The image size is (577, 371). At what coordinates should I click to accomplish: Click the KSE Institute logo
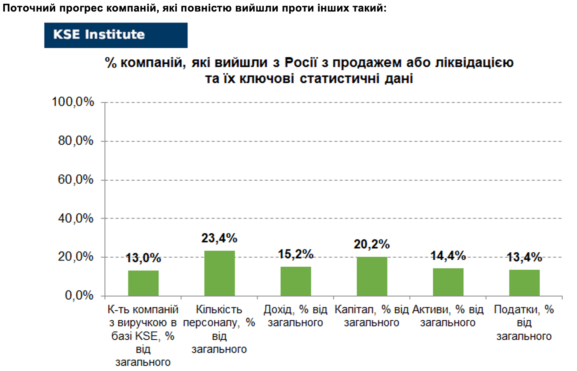click(116, 35)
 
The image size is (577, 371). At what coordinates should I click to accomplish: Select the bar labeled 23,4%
click(219, 273)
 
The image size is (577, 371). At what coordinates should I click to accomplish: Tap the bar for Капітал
click(372, 276)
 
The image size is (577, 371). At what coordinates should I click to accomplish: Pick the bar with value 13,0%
click(143, 283)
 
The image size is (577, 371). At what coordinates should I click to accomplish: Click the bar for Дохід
click(296, 281)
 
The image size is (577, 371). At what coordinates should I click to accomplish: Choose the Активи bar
click(448, 282)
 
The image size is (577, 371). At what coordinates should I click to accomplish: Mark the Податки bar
click(524, 283)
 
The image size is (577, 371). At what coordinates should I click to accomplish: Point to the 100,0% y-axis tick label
click(73, 102)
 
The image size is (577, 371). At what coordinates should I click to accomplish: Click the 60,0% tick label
click(75, 179)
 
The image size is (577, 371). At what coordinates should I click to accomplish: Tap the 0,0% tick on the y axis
click(79, 295)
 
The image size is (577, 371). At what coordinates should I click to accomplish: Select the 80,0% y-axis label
click(75, 141)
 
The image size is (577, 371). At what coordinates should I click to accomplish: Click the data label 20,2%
click(372, 244)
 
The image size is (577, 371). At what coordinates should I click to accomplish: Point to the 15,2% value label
click(296, 254)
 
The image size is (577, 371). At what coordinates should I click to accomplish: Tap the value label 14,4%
click(448, 256)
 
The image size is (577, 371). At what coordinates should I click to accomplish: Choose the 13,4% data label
click(524, 257)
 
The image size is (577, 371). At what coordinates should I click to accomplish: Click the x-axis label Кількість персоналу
click(219, 329)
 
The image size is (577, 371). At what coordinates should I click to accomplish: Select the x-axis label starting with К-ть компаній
click(143, 336)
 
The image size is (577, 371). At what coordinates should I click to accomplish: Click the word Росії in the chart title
click(300, 63)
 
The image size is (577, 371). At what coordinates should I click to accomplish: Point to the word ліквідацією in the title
click(474, 63)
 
